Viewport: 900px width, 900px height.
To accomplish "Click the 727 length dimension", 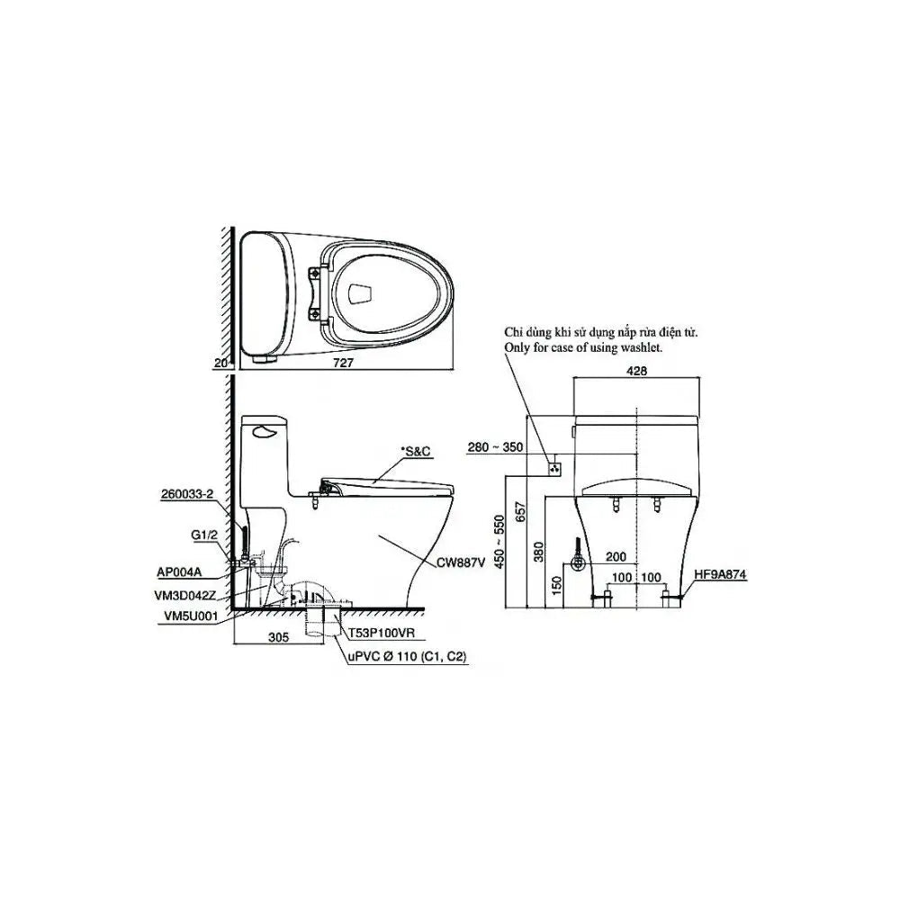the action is pos(343,363).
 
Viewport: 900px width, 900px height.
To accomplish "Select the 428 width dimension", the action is pos(636,371).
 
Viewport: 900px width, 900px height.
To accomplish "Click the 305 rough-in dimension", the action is pos(279,637).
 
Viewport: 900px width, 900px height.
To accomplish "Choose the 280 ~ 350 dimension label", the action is pos(495,446).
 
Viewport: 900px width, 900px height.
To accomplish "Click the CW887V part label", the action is pos(461,563).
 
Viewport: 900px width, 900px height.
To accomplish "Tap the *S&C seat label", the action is pos(416,453).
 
